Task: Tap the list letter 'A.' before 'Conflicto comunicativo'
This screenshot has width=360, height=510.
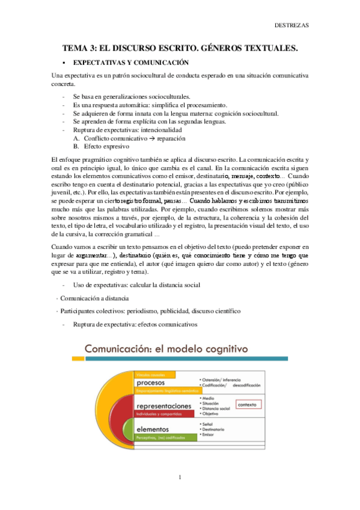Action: tap(76, 138)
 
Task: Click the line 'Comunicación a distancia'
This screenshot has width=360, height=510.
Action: tap(93, 298)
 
